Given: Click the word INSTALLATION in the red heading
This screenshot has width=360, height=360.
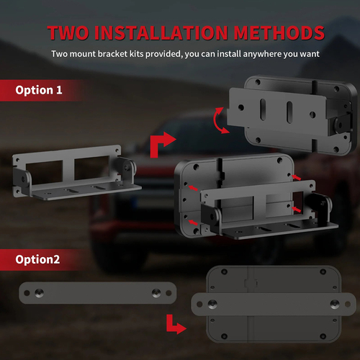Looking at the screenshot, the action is point(161,32).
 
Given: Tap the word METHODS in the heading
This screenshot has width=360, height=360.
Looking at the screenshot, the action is point(279,32).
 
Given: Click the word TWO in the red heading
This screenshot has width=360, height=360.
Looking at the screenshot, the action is point(68,32).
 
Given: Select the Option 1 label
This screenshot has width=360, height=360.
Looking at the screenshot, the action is point(39,90).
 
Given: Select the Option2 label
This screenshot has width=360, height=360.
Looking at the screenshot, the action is point(37,259).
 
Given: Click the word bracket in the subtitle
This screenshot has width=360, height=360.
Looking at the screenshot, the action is point(112,54).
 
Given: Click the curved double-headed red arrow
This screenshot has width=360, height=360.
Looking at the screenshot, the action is point(218,120).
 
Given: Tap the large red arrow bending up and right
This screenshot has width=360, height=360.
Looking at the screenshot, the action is point(160,144).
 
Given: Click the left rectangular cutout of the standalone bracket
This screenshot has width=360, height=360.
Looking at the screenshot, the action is point(44,172).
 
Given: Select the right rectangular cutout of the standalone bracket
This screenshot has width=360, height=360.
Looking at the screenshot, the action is point(92,168).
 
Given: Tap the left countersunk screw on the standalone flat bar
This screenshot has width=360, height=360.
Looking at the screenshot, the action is point(39,292).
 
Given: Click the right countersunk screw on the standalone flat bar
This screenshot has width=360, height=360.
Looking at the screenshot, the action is point(156,292).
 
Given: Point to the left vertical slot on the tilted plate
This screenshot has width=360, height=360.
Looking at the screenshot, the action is point(264,109).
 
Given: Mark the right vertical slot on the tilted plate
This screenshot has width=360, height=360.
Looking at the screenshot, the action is point(289,112).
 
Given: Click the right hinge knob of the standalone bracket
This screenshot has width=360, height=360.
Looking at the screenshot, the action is point(127,168).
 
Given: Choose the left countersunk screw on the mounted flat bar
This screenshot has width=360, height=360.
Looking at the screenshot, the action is point(212,304).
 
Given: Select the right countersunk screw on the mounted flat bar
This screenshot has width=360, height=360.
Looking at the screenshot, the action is point(335,304).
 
